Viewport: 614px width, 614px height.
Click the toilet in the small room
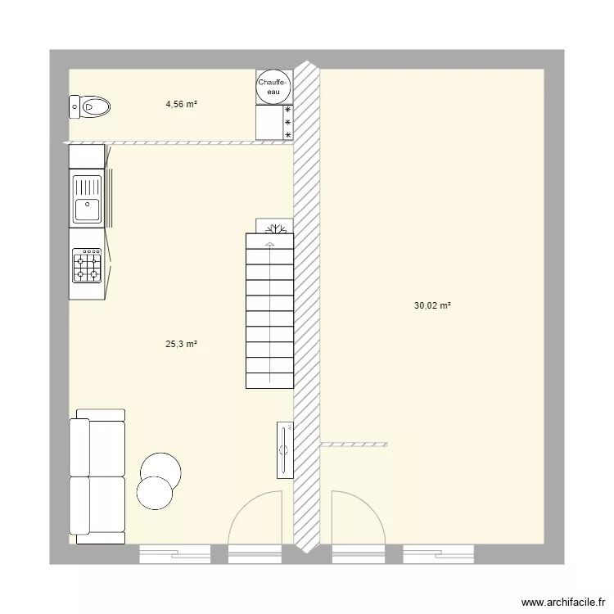[x=90, y=106]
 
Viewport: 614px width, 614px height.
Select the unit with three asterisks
[x=274, y=123]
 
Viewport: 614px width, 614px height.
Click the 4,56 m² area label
[x=182, y=104]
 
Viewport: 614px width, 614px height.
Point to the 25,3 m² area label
[x=182, y=345]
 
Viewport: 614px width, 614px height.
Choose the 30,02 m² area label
[x=432, y=305]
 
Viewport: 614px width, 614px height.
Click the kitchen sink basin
[x=87, y=209]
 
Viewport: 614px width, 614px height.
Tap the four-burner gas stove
[x=87, y=265]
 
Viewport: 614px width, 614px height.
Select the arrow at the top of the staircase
[x=269, y=242]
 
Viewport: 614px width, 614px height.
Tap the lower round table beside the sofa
[x=155, y=493]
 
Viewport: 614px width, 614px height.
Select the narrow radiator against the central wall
[x=283, y=449]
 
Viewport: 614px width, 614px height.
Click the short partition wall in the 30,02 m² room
[x=353, y=444]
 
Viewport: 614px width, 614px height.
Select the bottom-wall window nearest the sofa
[x=174, y=554]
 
